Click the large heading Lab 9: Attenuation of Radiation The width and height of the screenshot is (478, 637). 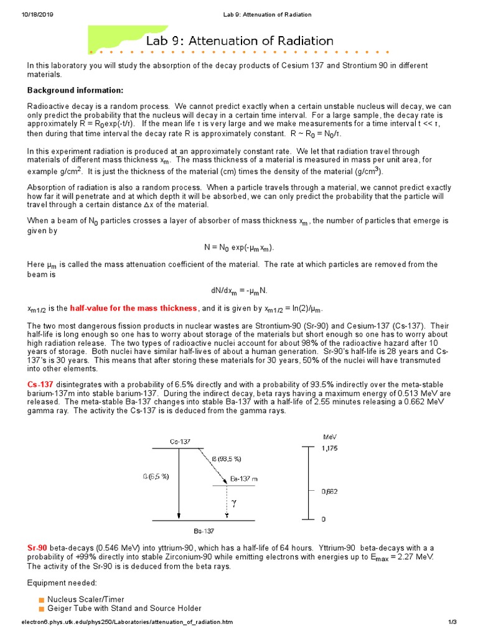coord(240,41)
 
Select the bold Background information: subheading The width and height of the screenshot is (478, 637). coord(75,90)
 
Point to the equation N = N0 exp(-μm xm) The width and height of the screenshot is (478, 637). coord(238,248)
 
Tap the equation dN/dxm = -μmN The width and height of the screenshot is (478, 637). coord(238,291)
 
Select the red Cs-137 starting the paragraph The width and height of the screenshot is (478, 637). coord(39,384)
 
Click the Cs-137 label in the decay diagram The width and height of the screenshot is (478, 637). coord(180,442)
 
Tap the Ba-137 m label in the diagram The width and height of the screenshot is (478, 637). coord(244,479)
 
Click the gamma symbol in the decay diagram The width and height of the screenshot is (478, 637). coord(234,501)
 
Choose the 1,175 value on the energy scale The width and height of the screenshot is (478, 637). coord(330,448)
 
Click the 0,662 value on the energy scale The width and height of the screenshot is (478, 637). coord(330,491)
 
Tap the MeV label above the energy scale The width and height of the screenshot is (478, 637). coord(329,436)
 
